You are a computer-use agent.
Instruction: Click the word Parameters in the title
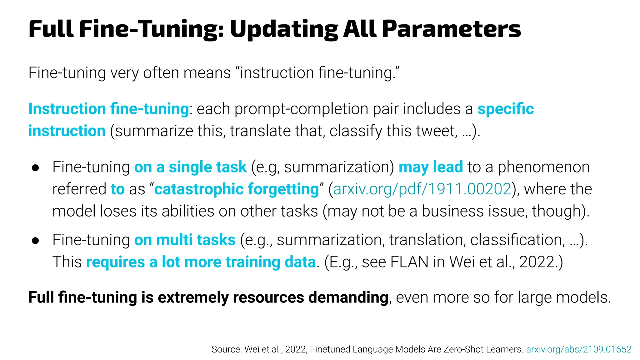(451, 29)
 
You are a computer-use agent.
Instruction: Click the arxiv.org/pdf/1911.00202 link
(422, 189)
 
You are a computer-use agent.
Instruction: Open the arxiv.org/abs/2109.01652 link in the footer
(579, 349)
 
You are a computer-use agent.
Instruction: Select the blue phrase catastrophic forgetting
(237, 189)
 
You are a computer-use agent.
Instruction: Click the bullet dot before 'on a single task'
(35, 168)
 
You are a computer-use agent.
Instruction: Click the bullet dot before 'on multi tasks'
(35, 241)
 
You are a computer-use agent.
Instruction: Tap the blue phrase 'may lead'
(431, 167)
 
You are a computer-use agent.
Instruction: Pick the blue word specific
(505, 109)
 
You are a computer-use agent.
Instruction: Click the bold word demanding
(348, 297)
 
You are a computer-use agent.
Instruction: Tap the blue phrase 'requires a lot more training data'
(201, 262)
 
